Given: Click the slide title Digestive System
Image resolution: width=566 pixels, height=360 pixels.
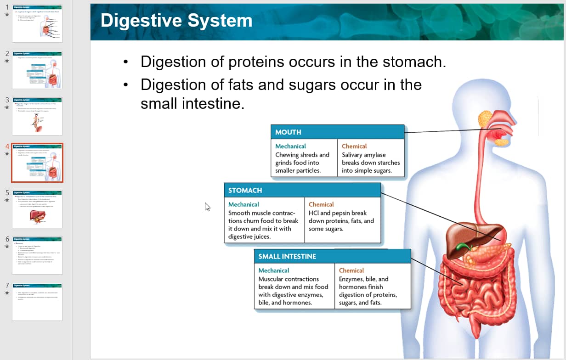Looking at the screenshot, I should click(176, 21).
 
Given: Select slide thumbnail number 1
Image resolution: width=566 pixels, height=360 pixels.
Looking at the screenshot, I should click(37, 23).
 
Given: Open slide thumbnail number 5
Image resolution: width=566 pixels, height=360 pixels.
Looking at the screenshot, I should click(37, 209).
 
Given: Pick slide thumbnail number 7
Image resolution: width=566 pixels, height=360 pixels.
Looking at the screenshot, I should click(37, 302).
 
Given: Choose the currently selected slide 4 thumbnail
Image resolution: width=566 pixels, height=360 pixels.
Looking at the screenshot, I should click(37, 163).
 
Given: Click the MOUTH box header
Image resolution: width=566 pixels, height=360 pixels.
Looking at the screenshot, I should click(288, 132).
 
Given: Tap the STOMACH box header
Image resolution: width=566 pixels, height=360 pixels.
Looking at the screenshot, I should click(245, 190).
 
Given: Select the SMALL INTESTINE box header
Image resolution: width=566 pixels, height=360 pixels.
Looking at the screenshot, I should click(287, 256).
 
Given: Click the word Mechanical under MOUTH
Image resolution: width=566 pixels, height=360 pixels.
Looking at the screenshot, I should click(290, 146).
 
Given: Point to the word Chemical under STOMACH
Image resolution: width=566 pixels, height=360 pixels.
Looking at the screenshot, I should click(321, 204).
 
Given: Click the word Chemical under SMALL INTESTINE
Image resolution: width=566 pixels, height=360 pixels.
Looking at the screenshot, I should click(351, 270).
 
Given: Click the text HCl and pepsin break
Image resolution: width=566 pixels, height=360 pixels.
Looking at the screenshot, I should click(338, 213).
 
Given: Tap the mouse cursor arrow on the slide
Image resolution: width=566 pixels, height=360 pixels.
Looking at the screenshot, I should click(207, 207).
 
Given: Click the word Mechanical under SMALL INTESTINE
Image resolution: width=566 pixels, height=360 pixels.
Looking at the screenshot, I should click(274, 270).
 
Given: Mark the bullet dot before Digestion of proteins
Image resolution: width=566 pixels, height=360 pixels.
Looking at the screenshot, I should click(125, 62).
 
